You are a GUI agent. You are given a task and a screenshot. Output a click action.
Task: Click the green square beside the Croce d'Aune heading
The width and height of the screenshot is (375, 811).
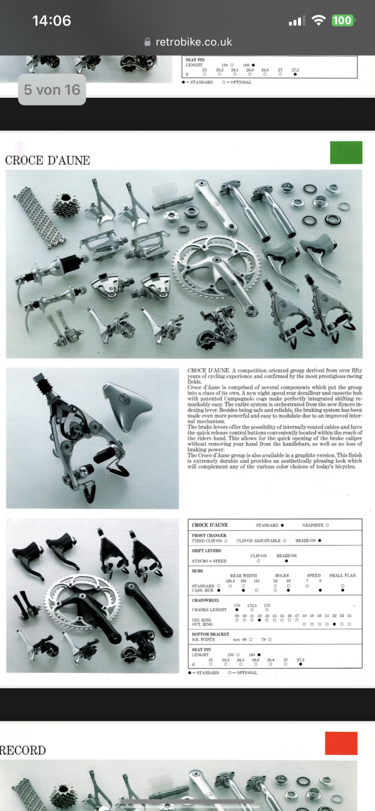(346, 153)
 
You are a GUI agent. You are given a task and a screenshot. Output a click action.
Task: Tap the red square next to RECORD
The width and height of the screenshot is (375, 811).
(341, 743)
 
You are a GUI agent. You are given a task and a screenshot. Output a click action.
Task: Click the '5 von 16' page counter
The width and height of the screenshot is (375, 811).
(52, 90)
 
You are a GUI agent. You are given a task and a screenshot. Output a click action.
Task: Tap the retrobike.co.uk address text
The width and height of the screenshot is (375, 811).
(194, 42)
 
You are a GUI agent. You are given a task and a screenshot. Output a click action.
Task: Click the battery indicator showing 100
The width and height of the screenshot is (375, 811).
(343, 20)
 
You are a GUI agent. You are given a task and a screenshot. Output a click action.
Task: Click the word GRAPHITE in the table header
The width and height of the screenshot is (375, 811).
(313, 525)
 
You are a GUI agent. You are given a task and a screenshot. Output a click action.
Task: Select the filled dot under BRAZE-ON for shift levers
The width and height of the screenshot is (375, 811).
(286, 561)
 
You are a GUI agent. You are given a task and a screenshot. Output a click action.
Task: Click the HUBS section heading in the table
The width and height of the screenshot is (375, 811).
(197, 571)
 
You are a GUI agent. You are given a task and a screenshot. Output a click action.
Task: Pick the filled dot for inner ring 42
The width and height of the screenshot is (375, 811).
(259, 620)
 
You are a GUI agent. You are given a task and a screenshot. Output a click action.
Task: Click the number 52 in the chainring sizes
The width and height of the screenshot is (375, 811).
(334, 615)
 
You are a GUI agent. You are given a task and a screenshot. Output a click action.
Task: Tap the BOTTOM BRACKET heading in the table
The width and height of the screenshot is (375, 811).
(210, 634)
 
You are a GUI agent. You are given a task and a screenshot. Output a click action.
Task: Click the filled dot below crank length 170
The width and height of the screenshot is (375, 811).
(237, 610)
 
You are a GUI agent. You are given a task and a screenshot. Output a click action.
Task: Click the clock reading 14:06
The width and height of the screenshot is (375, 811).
(51, 20)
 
